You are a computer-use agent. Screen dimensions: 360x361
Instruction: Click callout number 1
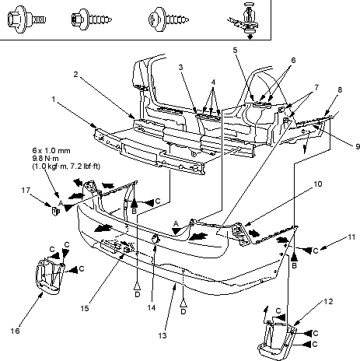point(54,100)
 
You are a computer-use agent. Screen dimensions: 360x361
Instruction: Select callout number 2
point(75,75)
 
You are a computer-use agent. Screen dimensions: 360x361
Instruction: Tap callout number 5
point(235,50)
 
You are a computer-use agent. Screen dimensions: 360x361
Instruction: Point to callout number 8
point(340,90)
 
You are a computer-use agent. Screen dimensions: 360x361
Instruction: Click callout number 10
point(318,184)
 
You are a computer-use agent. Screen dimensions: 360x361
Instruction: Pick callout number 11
point(351,237)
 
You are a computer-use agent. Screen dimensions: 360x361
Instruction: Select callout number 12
point(328,302)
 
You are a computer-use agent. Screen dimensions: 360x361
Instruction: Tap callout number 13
point(163,335)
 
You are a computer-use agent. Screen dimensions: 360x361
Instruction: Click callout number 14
point(152,307)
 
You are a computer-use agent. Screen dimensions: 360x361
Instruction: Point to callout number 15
point(85,308)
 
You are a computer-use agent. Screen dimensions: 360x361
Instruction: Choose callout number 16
point(15,331)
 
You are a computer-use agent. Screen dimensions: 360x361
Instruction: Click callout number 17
point(26,191)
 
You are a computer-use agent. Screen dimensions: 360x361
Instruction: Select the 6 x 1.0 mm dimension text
point(51,151)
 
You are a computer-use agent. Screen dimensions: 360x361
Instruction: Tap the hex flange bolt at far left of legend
point(26,19)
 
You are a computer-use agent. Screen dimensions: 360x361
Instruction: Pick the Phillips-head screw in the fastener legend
point(169,19)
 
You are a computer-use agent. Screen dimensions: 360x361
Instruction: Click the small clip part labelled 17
point(56,212)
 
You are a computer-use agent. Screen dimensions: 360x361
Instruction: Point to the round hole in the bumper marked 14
point(156,238)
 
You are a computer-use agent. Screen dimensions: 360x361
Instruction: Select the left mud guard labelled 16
point(49,276)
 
